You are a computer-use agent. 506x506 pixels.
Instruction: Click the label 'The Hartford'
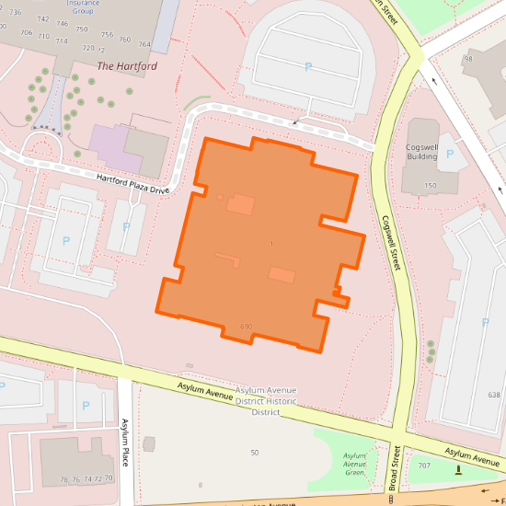pyautogui.click(x=127, y=66)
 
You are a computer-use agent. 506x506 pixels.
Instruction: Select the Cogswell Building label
pyautogui.click(x=421, y=152)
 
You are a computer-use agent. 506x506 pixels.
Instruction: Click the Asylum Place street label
pyautogui.click(x=126, y=441)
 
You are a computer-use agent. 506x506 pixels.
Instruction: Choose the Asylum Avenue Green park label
pyautogui.click(x=354, y=464)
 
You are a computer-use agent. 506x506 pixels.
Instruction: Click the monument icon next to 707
pyautogui.click(x=459, y=470)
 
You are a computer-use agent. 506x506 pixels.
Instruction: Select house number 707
pyautogui.click(x=423, y=466)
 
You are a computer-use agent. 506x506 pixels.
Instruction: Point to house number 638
pyautogui.click(x=494, y=395)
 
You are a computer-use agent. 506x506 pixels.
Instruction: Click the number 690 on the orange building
pyautogui.click(x=246, y=327)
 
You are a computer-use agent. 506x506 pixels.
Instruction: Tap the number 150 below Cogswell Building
pyautogui.click(x=430, y=186)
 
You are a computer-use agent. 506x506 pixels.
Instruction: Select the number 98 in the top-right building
pyautogui.click(x=467, y=59)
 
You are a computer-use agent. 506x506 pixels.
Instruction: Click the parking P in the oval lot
pyautogui.click(x=308, y=66)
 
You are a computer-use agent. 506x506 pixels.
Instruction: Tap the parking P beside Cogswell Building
pyautogui.click(x=449, y=154)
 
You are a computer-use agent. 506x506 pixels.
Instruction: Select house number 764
pyautogui.click(x=144, y=44)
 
